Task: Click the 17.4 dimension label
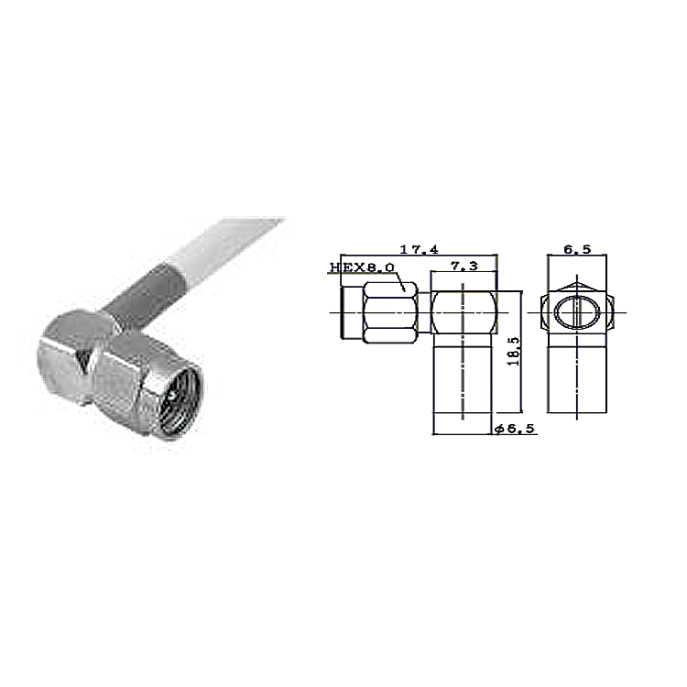click(x=419, y=249)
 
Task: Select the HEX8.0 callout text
click(x=362, y=267)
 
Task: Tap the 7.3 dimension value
click(x=464, y=266)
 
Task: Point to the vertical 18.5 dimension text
click(x=513, y=351)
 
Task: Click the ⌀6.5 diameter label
click(x=515, y=429)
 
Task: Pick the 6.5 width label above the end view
click(x=577, y=249)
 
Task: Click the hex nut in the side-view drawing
click(x=390, y=312)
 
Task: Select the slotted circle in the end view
click(x=576, y=312)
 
